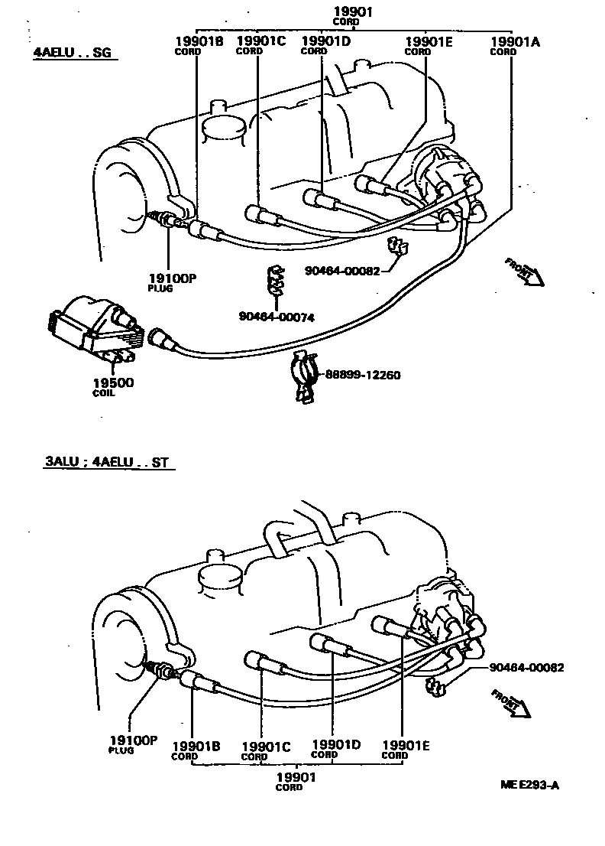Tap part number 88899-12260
(x=363, y=375)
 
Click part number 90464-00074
(x=277, y=317)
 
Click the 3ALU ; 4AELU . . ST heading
(x=105, y=464)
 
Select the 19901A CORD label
(x=514, y=45)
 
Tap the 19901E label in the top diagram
(x=429, y=45)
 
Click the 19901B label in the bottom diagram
(x=196, y=749)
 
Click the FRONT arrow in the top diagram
(x=525, y=272)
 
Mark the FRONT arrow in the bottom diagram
(x=510, y=703)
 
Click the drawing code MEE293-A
(x=529, y=784)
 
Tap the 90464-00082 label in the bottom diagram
(x=527, y=667)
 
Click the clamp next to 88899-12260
(x=303, y=376)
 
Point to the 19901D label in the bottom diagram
(x=336, y=747)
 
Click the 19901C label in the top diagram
(x=260, y=45)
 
